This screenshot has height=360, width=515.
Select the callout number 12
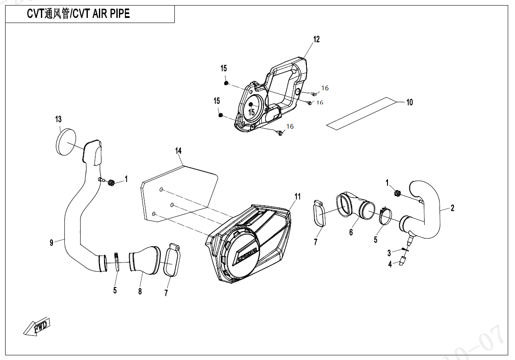tap(316, 40)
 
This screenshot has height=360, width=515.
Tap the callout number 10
tap(409, 102)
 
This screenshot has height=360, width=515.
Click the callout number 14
tap(178, 151)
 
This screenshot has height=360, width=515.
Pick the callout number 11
tap(298, 196)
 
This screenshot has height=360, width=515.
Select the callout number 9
tap(52, 243)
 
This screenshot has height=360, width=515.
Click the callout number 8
tap(140, 291)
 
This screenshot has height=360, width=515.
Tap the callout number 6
tap(351, 232)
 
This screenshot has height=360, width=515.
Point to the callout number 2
tap(452, 208)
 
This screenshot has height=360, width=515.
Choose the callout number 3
tap(389, 253)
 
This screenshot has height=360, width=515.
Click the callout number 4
tap(390, 265)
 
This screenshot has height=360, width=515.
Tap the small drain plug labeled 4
tap(402, 262)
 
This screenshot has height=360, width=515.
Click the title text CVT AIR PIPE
tap(101, 14)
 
